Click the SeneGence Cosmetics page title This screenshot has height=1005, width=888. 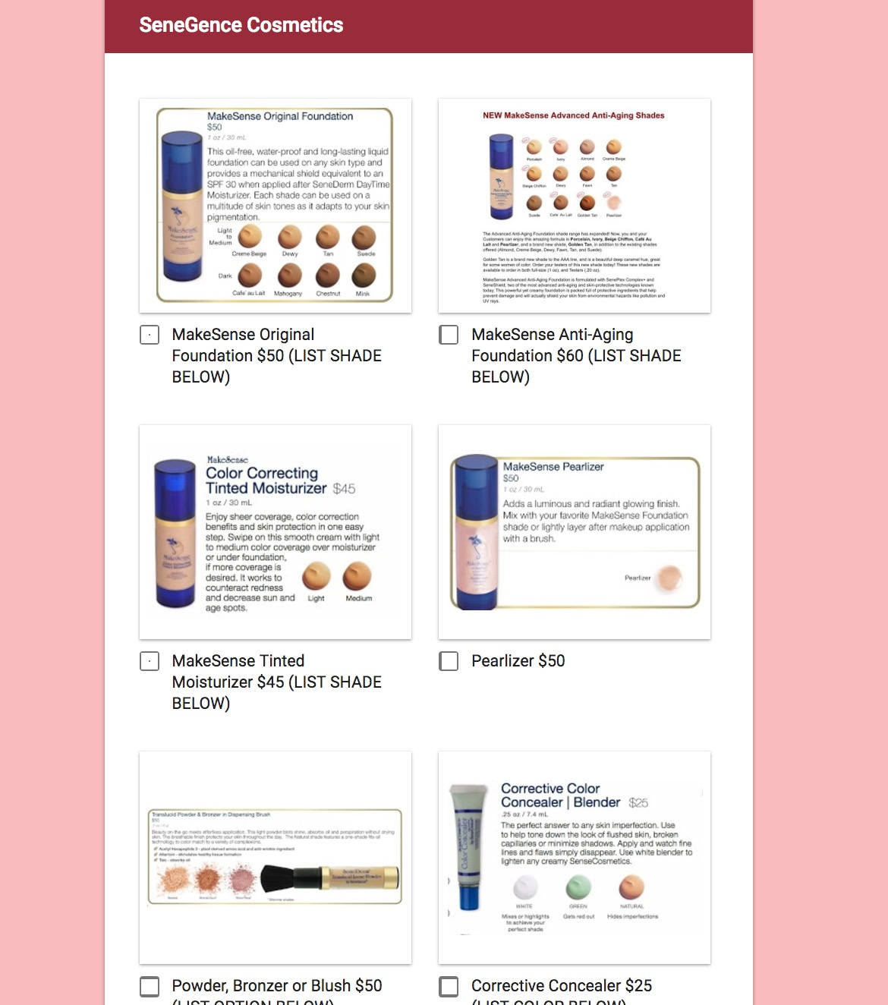click(x=241, y=25)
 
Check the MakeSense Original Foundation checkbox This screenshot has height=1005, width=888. click(x=150, y=335)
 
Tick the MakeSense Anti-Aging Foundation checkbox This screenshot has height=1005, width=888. click(x=449, y=335)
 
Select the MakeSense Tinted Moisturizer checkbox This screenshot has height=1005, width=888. click(x=150, y=661)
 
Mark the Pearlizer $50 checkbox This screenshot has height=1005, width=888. click(x=449, y=661)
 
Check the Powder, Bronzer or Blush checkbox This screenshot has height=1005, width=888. click(x=150, y=986)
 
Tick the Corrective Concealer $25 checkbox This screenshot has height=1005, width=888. click(x=449, y=986)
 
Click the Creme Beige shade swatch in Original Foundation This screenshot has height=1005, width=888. click(x=250, y=237)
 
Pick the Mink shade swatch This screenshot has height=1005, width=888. click(x=364, y=276)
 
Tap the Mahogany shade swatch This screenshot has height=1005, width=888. click(x=288, y=276)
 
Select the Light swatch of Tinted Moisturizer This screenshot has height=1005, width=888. click(x=316, y=577)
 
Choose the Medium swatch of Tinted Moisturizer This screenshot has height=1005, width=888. click(x=357, y=577)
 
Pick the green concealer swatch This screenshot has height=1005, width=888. click(x=578, y=887)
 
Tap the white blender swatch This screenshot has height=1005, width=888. click(x=525, y=887)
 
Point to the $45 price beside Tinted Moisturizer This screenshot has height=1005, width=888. click(x=344, y=489)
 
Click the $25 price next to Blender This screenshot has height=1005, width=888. click(x=638, y=802)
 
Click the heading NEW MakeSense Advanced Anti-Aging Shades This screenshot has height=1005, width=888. click(x=573, y=115)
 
